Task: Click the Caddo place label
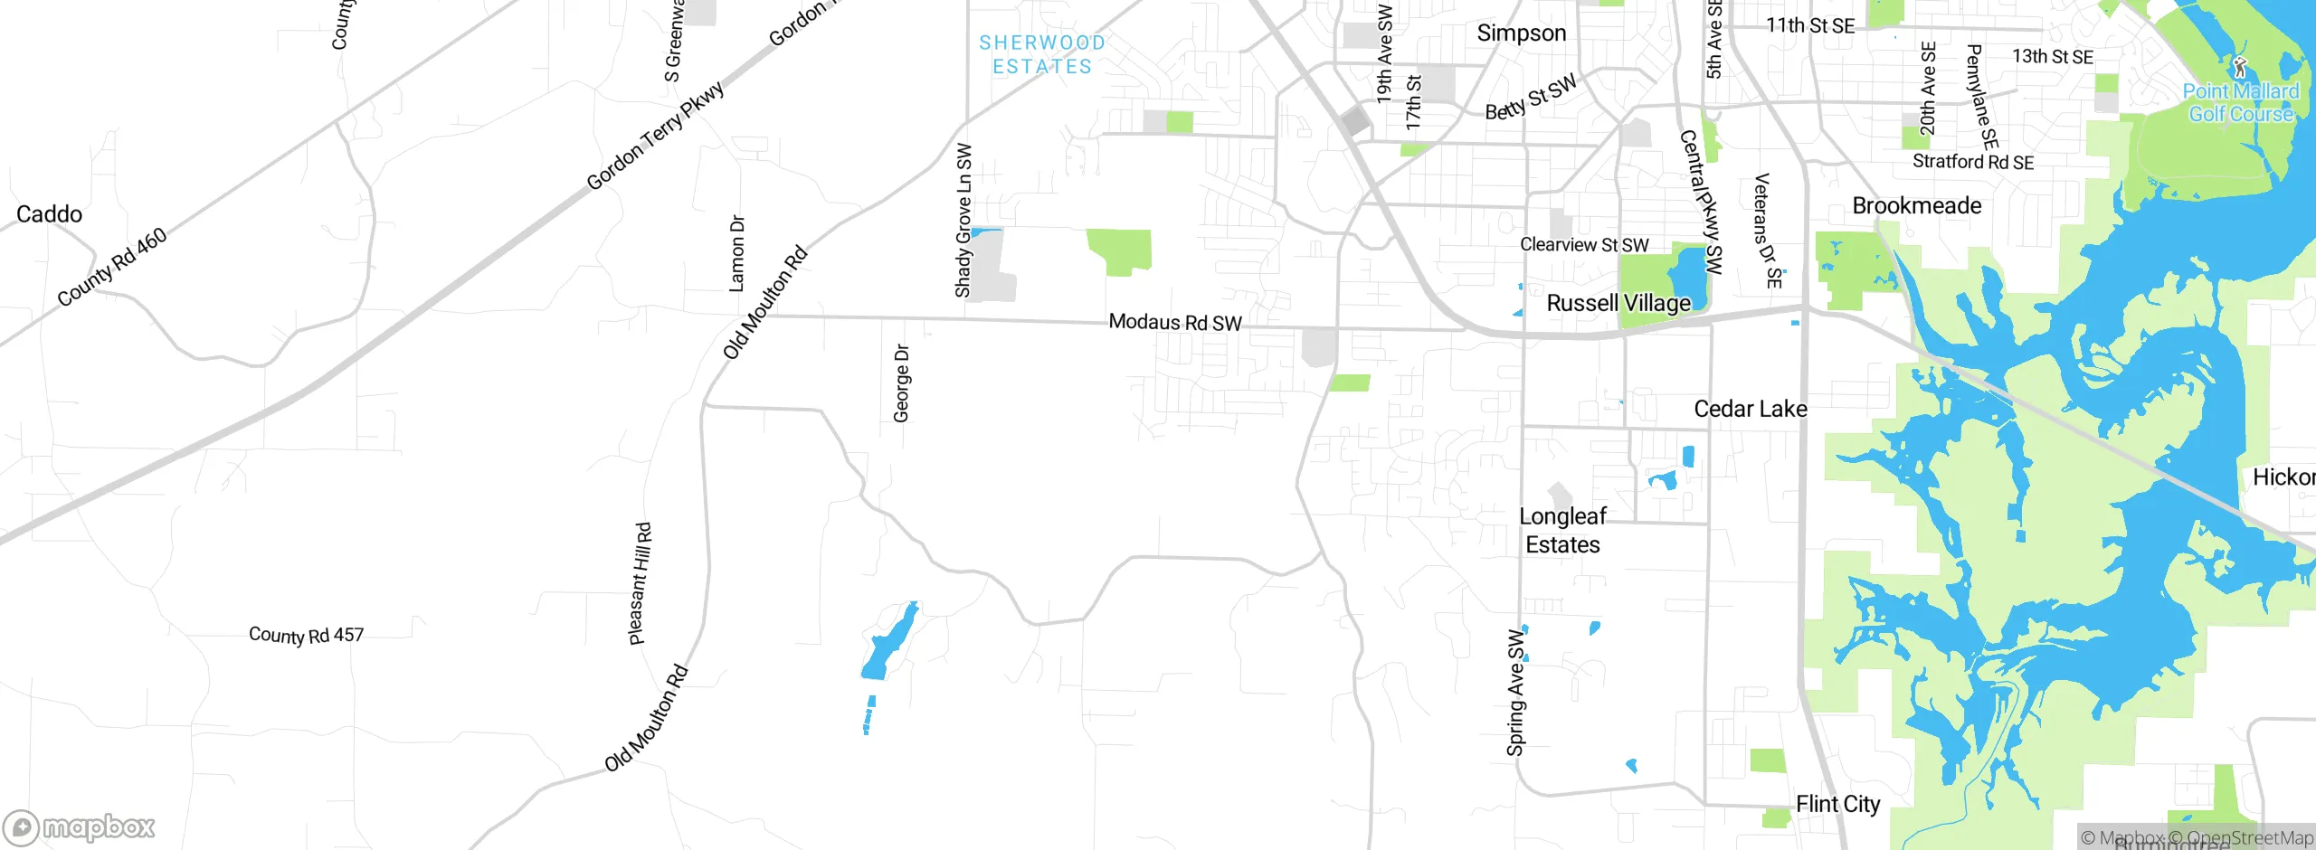[49, 214]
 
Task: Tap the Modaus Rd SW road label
[1175, 322]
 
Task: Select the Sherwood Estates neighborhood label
[1042, 54]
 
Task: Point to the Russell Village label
[1618, 303]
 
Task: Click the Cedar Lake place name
[1751, 409]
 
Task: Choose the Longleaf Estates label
[1562, 530]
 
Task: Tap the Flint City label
[1837, 804]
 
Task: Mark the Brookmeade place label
[1916, 205]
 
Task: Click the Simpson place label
[1521, 33]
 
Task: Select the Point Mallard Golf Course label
[2241, 102]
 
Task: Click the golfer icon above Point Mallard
[2239, 67]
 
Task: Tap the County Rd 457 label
[306, 635]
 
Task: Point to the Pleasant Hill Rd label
[640, 583]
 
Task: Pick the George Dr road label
[901, 382]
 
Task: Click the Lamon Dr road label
[737, 253]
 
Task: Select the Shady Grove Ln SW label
[963, 220]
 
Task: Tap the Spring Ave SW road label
[1515, 692]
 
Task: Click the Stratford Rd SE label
[1972, 162]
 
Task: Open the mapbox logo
[80, 827]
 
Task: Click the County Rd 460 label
[112, 268]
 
